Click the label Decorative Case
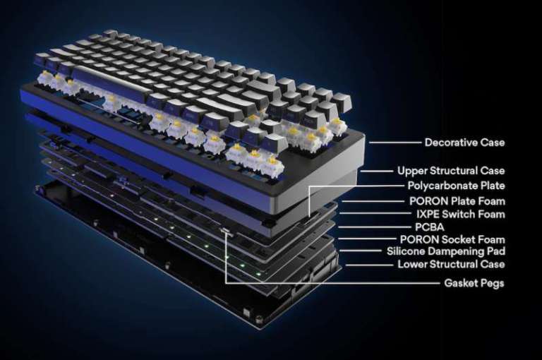click(x=464, y=143)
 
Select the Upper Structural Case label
click(x=451, y=171)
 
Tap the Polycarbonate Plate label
click(x=456, y=186)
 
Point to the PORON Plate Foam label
click(x=457, y=201)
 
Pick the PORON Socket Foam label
click(x=452, y=240)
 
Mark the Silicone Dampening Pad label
click(x=445, y=251)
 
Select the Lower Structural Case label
click(x=451, y=265)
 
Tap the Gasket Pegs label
click(x=474, y=283)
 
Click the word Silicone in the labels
click(x=405, y=251)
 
